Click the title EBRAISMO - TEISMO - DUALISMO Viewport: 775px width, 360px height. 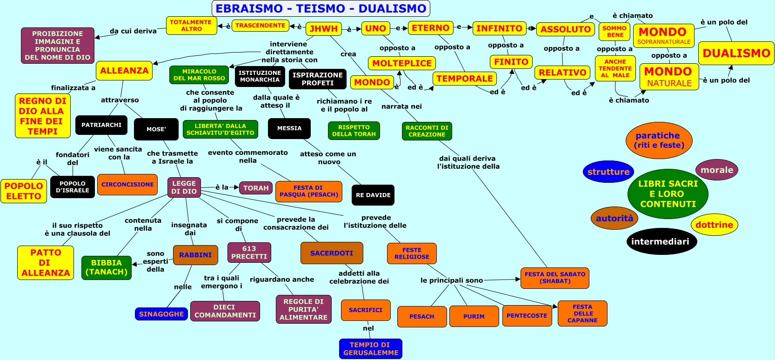[x=321, y=8]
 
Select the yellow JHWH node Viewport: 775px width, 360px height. [x=324, y=29]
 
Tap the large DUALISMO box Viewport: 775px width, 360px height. [x=736, y=53]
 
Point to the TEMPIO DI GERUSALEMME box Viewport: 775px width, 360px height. [x=371, y=349]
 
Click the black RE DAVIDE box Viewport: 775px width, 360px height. [x=373, y=195]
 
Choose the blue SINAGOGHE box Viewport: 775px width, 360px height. [x=161, y=314]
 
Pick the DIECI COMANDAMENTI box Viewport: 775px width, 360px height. [x=225, y=311]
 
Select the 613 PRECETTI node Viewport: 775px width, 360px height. [x=249, y=253]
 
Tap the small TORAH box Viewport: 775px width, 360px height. [x=256, y=188]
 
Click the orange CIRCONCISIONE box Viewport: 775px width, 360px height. [x=127, y=185]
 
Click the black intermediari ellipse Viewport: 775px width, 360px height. [x=660, y=241]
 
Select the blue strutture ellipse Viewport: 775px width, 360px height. [x=608, y=172]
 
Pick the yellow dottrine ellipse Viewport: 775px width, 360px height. [x=714, y=225]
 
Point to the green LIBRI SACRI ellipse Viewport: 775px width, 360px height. [x=668, y=194]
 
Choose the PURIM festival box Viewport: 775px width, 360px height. [x=474, y=316]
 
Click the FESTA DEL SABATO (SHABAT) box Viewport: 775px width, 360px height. [x=555, y=278]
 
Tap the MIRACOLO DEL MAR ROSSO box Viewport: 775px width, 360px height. [x=199, y=75]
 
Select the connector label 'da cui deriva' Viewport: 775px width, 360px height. [x=133, y=31]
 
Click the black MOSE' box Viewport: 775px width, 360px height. [x=156, y=129]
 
